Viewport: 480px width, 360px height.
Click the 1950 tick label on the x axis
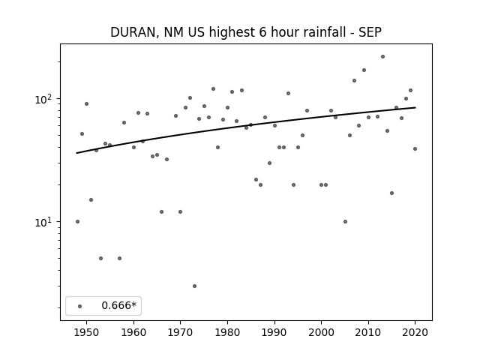87,332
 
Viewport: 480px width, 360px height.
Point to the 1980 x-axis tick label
227,332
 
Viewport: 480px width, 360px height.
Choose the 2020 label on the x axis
415,332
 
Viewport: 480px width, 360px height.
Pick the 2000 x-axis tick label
322,332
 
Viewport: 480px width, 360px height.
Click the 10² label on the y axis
45,99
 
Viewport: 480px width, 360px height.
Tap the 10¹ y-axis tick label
45,222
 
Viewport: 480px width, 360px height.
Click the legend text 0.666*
118,305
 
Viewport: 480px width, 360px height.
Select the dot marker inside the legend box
80,306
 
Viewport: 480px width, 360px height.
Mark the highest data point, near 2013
382,57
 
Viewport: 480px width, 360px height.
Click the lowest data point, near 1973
195,286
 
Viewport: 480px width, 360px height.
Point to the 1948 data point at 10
77,222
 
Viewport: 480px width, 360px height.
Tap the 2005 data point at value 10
345,222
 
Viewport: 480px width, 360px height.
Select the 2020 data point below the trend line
415,148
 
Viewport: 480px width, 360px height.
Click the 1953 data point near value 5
100,258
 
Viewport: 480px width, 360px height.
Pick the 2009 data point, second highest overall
364,70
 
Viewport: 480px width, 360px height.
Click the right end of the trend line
415,107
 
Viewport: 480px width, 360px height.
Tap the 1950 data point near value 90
87,103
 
